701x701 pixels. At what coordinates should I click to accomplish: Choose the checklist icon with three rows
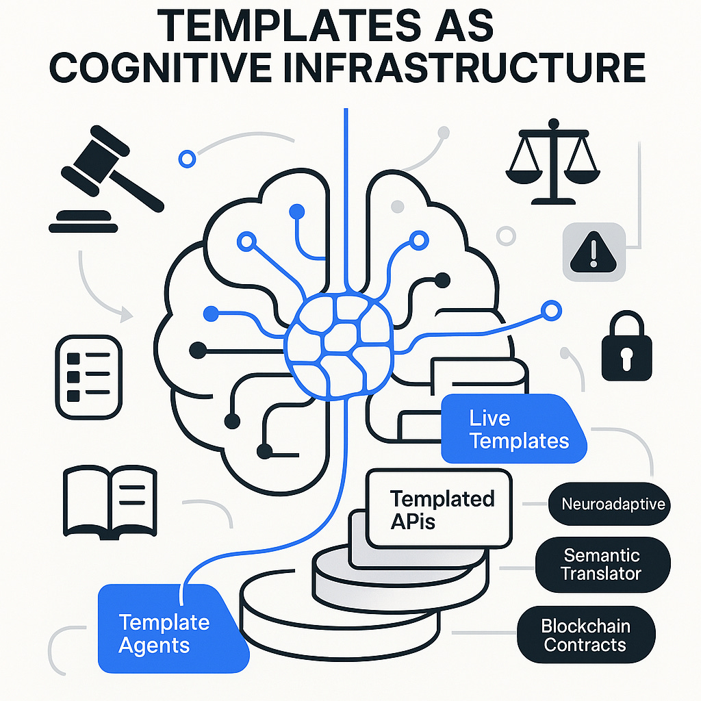pyautogui.click(x=88, y=377)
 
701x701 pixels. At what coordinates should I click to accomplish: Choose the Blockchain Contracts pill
pyautogui.click(x=585, y=635)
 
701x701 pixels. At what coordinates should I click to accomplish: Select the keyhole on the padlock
pyautogui.click(x=626, y=356)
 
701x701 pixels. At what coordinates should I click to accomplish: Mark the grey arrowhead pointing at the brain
pyautogui.click(x=125, y=316)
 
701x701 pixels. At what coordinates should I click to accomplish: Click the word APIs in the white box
pyautogui.click(x=414, y=521)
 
